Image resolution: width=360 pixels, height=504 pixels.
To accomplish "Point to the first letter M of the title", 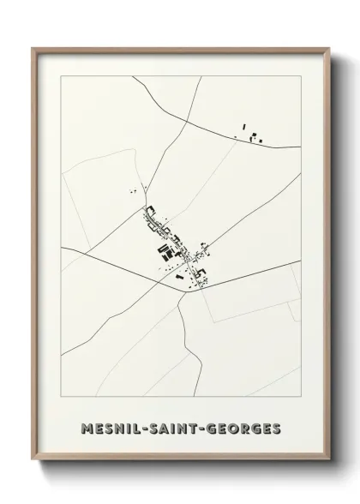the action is (x=82, y=426).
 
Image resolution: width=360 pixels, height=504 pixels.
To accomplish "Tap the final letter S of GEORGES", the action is (x=275, y=426).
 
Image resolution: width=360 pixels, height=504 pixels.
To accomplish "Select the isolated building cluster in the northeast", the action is (x=251, y=133).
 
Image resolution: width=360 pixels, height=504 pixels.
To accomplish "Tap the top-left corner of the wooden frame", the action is (x=33, y=48).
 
